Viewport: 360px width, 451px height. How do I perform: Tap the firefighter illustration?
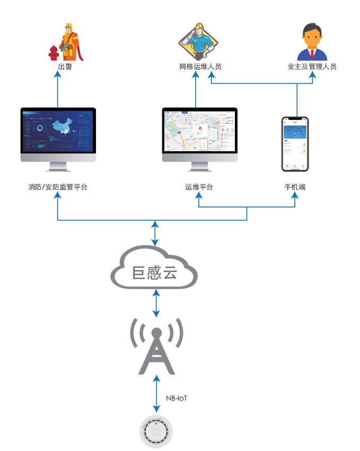(x=71, y=42)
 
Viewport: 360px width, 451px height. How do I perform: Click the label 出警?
(x=65, y=67)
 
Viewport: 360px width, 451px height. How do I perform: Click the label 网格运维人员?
(x=200, y=67)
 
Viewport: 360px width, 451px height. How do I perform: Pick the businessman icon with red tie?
(x=312, y=42)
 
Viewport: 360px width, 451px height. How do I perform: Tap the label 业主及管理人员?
(x=312, y=67)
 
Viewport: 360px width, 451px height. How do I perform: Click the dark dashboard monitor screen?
(x=58, y=131)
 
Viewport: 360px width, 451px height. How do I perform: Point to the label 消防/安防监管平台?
(x=58, y=187)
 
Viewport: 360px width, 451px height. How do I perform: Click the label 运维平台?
(x=199, y=187)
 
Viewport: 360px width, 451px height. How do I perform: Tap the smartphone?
(x=295, y=144)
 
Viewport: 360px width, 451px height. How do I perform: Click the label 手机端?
(x=295, y=187)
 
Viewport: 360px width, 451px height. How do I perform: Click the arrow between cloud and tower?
(x=156, y=303)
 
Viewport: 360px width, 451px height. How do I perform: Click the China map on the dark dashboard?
(x=59, y=128)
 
